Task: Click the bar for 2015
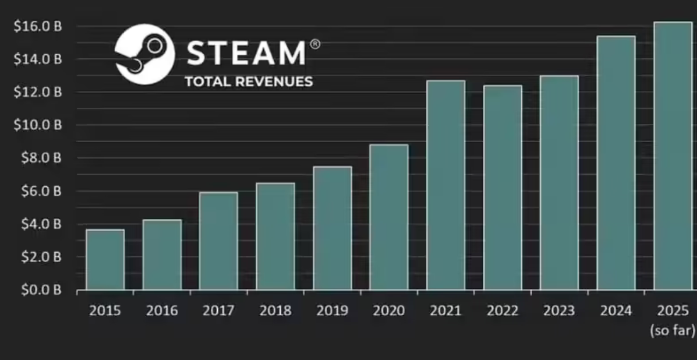[x=105, y=260]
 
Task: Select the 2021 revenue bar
[x=446, y=185]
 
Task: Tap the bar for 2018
[x=275, y=237]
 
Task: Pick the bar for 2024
[x=616, y=163]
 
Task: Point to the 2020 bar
[x=389, y=217]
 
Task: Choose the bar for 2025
[x=673, y=156]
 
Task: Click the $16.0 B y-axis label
[x=38, y=27]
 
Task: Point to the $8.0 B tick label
[x=40, y=158]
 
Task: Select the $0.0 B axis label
[x=40, y=290]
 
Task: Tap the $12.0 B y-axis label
[x=38, y=92]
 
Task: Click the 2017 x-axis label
[x=218, y=310]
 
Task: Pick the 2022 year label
[x=503, y=310]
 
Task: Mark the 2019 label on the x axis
[x=332, y=310]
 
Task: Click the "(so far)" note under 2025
[x=673, y=331]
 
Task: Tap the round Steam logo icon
[x=144, y=54]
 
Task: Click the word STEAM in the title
[x=246, y=53]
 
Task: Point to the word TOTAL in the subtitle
[x=207, y=82]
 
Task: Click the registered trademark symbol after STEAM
[x=314, y=44]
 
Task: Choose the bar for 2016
[x=162, y=255]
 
